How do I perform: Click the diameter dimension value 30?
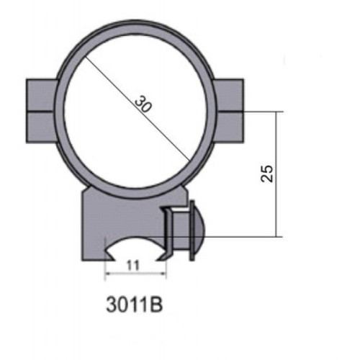point(143,104)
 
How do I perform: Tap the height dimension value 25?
point(266,174)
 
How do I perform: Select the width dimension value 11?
point(132,266)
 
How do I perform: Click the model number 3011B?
point(135,305)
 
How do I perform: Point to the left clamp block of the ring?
point(41,111)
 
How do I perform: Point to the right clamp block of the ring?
point(229,111)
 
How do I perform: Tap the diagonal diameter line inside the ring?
point(137,109)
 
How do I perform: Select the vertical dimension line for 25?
point(276,174)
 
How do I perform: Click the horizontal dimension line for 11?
point(135,273)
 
